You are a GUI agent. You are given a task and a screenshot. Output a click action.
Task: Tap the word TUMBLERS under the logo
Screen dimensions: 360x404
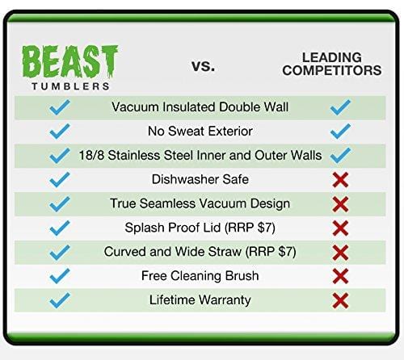click(69, 85)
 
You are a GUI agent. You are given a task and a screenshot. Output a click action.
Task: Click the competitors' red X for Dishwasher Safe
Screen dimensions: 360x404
click(340, 179)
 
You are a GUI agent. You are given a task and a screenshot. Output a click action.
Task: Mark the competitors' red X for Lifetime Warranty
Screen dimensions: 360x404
click(340, 300)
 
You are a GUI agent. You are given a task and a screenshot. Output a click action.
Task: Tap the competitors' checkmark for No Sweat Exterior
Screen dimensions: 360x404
click(340, 131)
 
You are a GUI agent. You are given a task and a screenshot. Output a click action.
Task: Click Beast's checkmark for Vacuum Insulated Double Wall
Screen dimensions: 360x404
click(60, 107)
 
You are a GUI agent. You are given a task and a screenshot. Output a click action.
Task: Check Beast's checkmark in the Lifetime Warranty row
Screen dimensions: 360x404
click(60, 300)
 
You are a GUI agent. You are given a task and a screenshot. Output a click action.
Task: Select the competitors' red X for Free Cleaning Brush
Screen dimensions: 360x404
click(340, 276)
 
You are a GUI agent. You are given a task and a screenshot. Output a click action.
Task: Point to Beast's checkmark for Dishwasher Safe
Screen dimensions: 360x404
click(60, 179)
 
